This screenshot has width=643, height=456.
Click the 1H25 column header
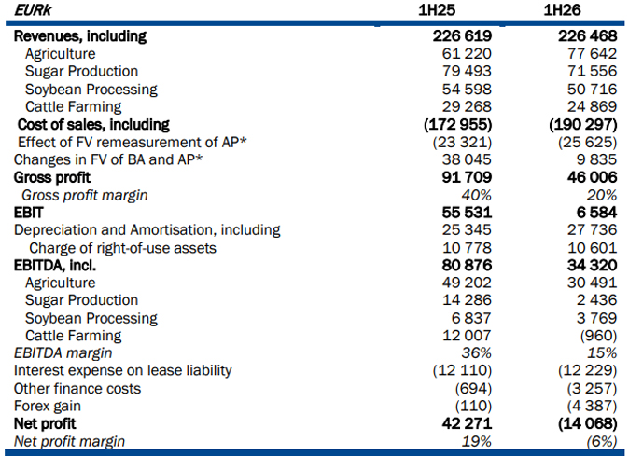point(437,10)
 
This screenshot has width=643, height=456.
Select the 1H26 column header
point(562,10)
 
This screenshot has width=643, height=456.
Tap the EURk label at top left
point(33,10)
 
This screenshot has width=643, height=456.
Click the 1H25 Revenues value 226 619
point(462,36)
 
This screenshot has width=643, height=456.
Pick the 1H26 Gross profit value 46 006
point(593,177)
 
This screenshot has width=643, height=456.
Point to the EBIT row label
point(28,213)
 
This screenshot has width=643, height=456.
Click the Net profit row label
point(45,423)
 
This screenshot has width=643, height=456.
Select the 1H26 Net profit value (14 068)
point(588,423)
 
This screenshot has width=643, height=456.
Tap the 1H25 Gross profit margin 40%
point(476,195)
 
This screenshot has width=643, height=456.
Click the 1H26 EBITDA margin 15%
point(602,353)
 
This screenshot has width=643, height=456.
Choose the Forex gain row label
point(48,406)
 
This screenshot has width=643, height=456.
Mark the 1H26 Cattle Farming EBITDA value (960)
point(599,336)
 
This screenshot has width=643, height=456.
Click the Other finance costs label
point(77,389)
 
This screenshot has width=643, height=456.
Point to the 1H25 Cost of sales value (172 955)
point(457,125)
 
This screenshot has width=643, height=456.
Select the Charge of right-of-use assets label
point(122,248)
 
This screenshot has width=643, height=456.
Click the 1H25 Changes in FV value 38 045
point(467,159)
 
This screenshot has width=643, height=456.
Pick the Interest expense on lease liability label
point(122,371)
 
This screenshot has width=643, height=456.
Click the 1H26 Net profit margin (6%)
point(602,442)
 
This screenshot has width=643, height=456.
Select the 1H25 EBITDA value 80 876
point(467,266)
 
